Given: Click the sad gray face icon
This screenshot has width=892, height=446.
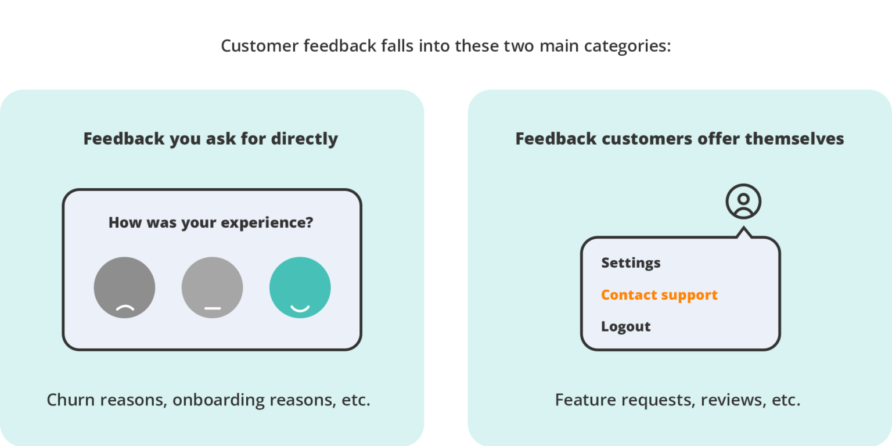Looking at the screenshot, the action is pyautogui.click(x=124, y=287).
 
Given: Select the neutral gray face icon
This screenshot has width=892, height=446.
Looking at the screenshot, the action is pyautogui.click(x=212, y=287).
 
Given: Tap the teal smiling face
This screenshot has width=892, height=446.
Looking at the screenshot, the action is pyautogui.click(x=300, y=287).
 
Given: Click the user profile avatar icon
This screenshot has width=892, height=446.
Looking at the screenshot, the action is pyautogui.click(x=743, y=202).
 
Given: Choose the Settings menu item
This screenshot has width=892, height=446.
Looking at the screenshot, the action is pyautogui.click(x=631, y=263).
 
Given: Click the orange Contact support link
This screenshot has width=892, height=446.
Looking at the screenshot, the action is pyautogui.click(x=660, y=294).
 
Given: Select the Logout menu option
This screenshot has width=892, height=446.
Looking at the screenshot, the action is pyautogui.click(x=625, y=326).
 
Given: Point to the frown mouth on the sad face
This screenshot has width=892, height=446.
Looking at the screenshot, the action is pyautogui.click(x=125, y=308).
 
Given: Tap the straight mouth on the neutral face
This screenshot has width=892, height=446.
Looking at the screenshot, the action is pyautogui.click(x=213, y=308).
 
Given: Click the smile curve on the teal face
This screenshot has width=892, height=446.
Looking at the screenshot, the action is pyautogui.click(x=300, y=308).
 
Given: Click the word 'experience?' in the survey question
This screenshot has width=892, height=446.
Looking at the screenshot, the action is pyautogui.click(x=267, y=222).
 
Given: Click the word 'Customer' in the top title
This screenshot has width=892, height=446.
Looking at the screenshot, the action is pyautogui.click(x=260, y=46).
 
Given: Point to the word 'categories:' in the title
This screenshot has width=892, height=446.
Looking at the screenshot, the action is pyautogui.click(x=628, y=46).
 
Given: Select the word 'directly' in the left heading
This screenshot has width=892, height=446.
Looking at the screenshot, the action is pyautogui.click(x=304, y=139).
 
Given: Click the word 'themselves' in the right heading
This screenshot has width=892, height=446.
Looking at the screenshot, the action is pyautogui.click(x=794, y=139).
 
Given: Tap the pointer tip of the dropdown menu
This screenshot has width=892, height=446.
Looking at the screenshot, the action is pyautogui.click(x=743, y=227).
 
